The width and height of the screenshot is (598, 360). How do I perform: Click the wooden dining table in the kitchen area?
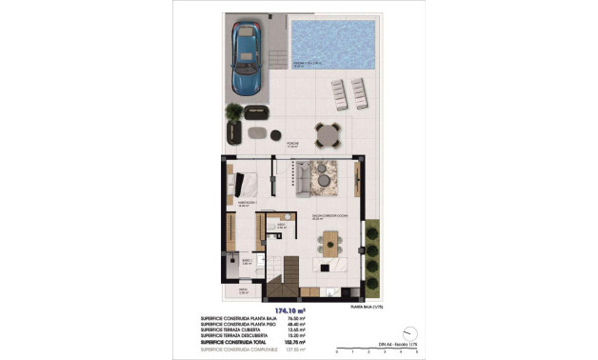329,246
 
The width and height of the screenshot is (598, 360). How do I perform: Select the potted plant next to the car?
233,118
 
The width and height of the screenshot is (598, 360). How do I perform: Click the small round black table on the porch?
275,133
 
